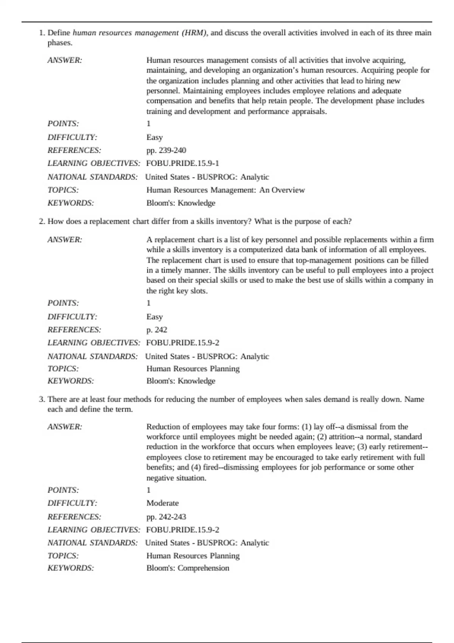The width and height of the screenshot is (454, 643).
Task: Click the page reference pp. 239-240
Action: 166,150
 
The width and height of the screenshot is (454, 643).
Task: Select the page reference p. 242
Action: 157,329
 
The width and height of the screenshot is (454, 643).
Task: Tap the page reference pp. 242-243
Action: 166,517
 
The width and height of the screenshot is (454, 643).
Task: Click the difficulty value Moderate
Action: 162,503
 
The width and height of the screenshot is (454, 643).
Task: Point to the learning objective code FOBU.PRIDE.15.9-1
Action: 182,163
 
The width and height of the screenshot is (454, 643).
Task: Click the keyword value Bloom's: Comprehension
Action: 188,568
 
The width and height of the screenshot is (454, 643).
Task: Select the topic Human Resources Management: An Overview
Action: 225,190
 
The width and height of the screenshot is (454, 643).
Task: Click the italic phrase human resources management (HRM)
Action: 140,33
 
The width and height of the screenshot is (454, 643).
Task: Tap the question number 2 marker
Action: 42,221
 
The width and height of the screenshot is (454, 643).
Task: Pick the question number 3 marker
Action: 42,399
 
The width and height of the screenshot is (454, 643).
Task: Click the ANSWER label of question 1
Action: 65,60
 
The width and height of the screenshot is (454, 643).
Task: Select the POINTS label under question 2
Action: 63,303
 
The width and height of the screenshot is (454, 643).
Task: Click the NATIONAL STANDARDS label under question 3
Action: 93,543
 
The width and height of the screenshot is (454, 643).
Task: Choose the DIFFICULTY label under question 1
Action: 72,137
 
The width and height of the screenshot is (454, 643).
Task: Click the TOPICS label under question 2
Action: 63,368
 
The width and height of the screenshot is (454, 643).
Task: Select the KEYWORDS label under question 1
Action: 71,203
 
